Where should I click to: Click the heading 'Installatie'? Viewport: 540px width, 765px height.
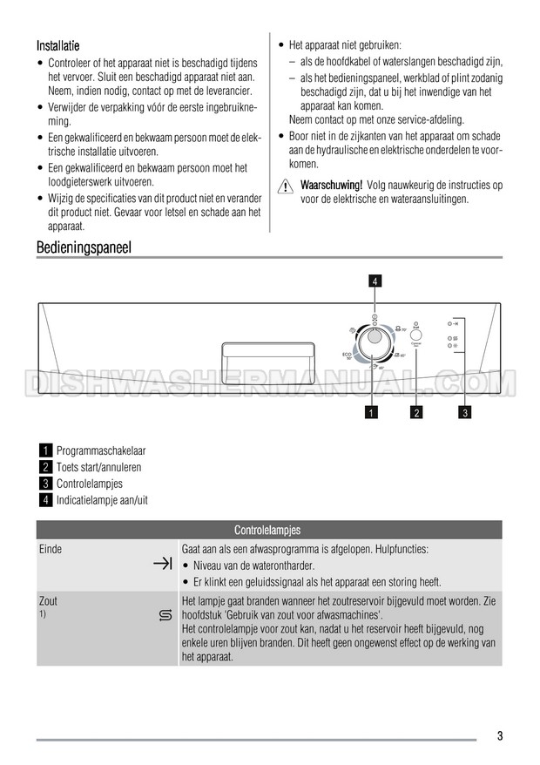coord(60,44)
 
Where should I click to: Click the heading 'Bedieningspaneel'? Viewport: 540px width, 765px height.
coord(84,247)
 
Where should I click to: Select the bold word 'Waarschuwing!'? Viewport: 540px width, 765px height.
coord(331,186)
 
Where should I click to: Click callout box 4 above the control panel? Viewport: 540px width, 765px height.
coord(374,281)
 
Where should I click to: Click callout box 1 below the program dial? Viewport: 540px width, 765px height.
coord(373,412)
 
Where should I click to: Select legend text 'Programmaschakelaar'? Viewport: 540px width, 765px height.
coord(101,451)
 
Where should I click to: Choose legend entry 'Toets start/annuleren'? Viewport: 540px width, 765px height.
coord(98,467)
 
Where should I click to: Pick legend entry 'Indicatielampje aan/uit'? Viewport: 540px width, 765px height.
coord(102,499)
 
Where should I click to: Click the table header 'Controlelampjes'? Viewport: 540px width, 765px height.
coord(268,530)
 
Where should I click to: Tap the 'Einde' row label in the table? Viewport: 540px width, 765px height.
coord(51,550)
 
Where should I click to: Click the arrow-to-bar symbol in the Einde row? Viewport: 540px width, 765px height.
coord(162,565)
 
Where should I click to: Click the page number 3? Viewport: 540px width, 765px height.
coord(500,735)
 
